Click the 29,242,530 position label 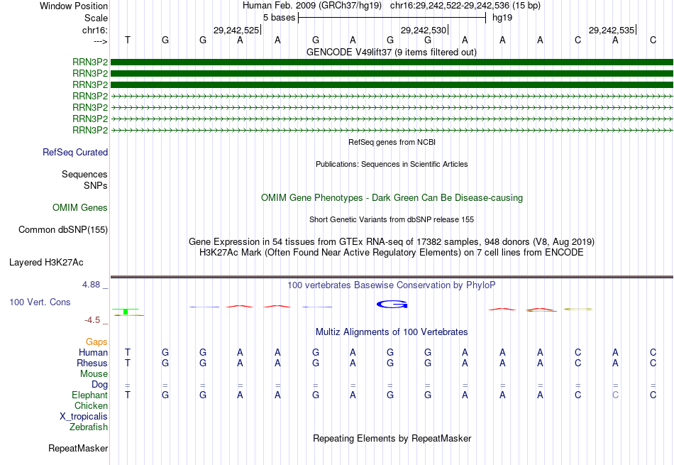(424, 30)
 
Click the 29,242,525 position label (236, 30)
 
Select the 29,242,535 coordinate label (611, 30)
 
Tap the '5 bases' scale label (279, 17)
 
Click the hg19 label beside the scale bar (502, 17)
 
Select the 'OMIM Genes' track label (80, 208)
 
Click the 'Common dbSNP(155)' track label (63, 229)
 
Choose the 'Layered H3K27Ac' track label (46, 262)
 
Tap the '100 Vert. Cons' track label (40, 302)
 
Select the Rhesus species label (92, 363)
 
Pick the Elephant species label (89, 395)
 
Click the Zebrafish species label (89, 427)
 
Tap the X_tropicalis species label (84, 416)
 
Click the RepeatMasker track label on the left (78, 449)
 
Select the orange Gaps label (96, 341)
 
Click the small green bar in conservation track (126, 312)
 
